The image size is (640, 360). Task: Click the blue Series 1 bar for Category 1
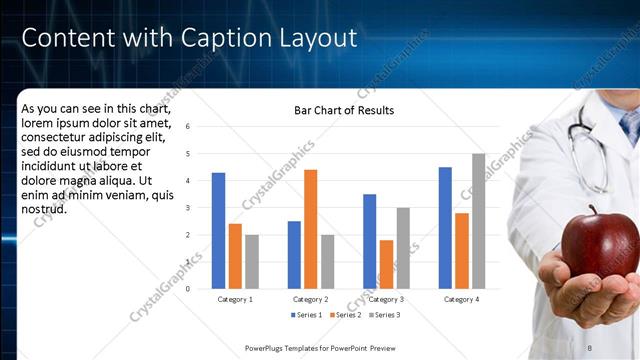click(218, 231)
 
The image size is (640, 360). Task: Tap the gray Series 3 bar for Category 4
click(478, 221)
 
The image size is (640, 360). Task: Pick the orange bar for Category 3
click(386, 264)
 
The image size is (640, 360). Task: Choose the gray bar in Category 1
click(251, 262)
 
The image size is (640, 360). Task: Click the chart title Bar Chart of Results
click(343, 110)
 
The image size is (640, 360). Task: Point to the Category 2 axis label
click(310, 299)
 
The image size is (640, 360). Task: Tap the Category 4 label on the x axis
click(461, 299)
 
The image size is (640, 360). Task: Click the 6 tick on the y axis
click(187, 127)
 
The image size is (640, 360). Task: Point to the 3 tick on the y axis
click(187, 208)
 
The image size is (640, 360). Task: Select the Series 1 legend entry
click(306, 315)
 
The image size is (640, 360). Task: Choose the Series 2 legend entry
click(345, 315)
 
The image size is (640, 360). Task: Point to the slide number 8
click(617, 347)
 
